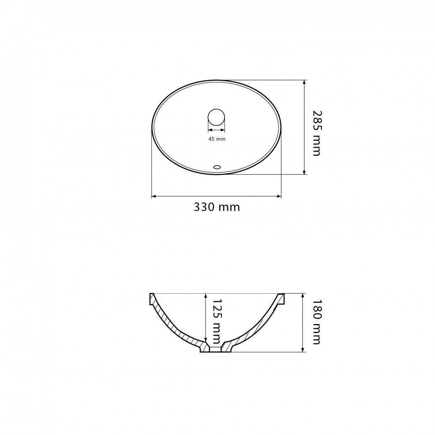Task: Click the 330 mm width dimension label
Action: click(x=217, y=207)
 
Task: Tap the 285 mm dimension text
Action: click(x=317, y=133)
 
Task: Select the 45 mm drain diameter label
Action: click(x=217, y=139)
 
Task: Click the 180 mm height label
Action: click(x=317, y=322)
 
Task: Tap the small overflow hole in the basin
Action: click(x=217, y=167)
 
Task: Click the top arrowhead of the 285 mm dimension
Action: click(x=304, y=82)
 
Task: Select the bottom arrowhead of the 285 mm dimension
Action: click(x=304, y=172)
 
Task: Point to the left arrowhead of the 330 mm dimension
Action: click(x=154, y=196)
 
